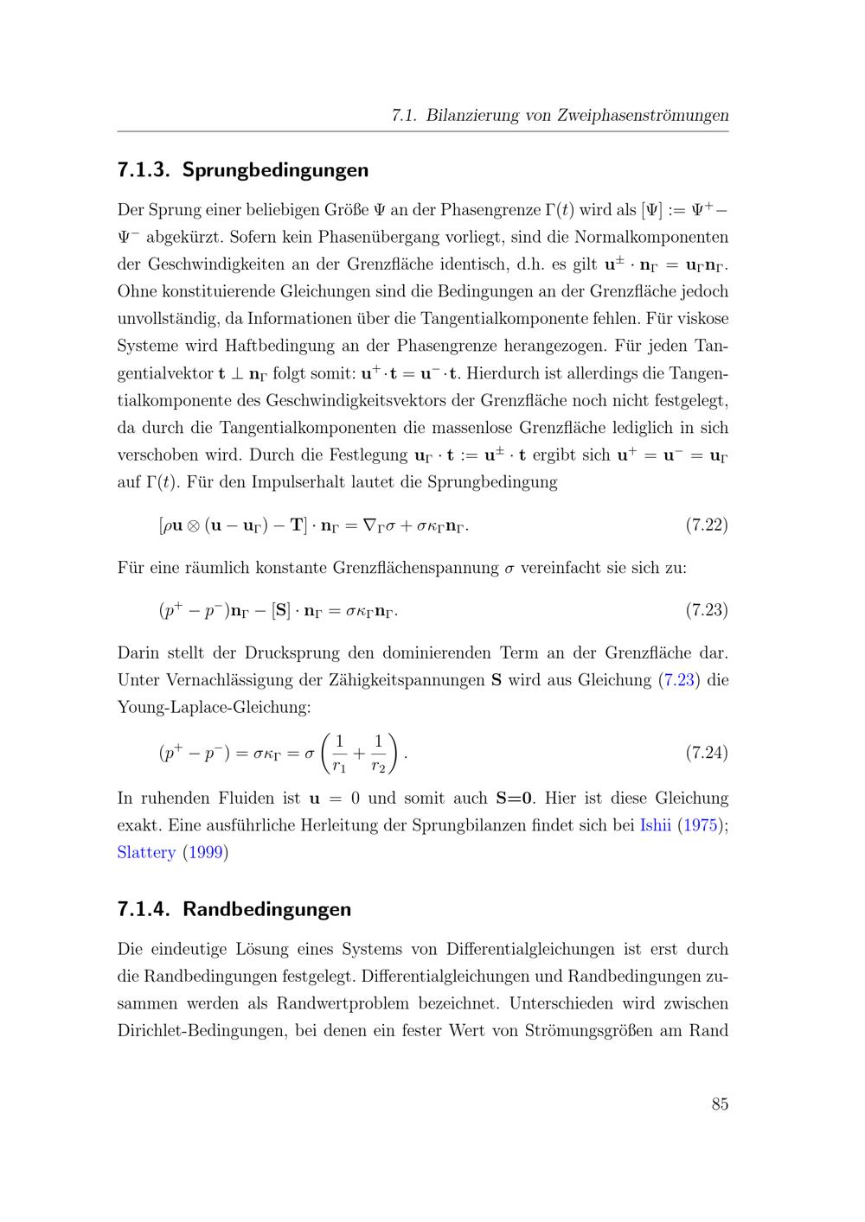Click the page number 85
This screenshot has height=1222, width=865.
click(x=720, y=1104)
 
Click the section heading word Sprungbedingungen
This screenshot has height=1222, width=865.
click(x=275, y=170)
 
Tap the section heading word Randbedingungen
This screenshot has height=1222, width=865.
click(x=266, y=909)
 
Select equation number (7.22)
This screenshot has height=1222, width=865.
click(x=706, y=525)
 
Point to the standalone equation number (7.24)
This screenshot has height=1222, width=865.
click(x=706, y=753)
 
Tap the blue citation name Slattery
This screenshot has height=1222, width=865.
click(x=146, y=852)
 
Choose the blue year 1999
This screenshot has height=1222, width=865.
click(x=204, y=852)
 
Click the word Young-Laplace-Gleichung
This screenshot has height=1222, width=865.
click(x=213, y=707)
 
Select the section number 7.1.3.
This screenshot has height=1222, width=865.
click(x=144, y=170)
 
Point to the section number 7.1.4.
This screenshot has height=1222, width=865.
click(x=144, y=909)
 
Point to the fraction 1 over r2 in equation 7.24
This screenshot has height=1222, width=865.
click(x=378, y=754)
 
